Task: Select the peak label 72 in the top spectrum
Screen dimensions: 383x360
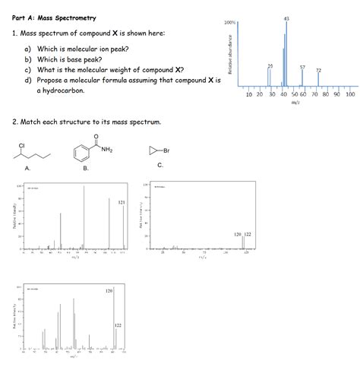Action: coord(318,71)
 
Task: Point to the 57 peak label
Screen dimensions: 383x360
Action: coord(302,68)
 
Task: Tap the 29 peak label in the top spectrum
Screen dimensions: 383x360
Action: coord(270,67)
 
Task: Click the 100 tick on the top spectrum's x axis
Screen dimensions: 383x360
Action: coord(349,94)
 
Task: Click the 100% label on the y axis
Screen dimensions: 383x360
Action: coord(230,23)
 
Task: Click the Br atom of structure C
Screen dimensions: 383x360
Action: coord(166,151)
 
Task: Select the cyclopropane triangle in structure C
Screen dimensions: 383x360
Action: coord(153,151)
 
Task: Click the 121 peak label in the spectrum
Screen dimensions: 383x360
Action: coord(121,203)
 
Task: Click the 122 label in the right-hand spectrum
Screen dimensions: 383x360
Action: coord(248,234)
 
